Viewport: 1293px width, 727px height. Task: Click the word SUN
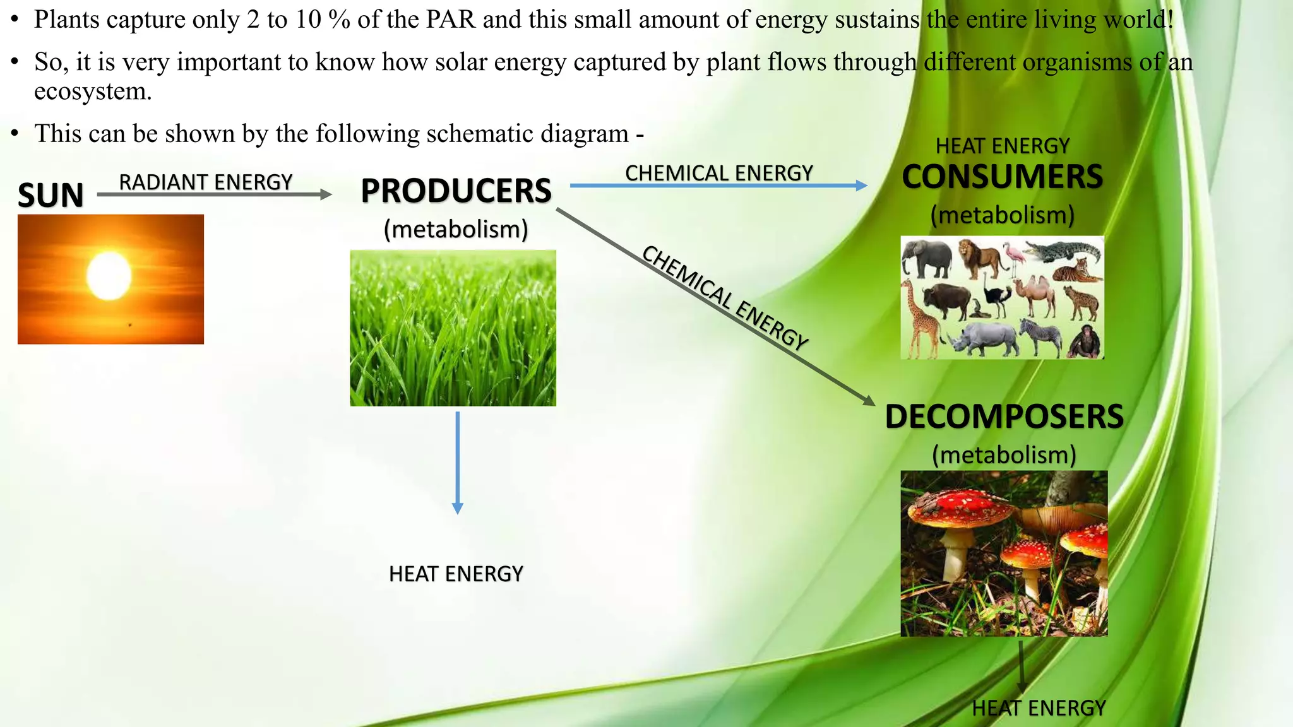click(x=51, y=195)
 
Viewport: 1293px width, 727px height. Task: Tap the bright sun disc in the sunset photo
click(x=109, y=276)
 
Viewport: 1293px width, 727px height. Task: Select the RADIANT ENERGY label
click(x=206, y=182)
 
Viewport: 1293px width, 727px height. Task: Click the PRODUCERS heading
click(x=456, y=191)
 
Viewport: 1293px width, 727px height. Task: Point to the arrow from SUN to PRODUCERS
click(x=215, y=195)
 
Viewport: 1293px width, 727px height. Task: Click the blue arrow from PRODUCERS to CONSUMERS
click(x=718, y=186)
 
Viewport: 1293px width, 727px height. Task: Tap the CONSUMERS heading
click(x=1002, y=177)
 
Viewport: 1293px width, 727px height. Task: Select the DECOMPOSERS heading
click(x=1004, y=417)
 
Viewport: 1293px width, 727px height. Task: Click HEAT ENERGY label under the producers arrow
click(x=456, y=574)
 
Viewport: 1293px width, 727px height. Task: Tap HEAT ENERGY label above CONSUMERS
click(x=1002, y=146)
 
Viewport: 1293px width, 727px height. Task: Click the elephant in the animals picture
click(x=927, y=259)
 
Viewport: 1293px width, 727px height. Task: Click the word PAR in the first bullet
click(x=450, y=20)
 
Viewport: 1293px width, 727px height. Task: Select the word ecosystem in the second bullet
click(x=93, y=92)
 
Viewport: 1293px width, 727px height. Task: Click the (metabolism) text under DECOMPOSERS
click(x=1004, y=455)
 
